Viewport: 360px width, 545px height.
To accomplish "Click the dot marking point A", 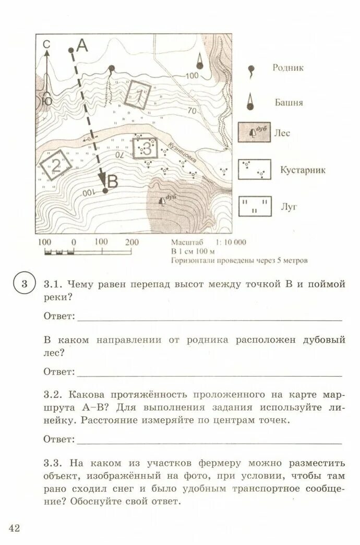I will (x=71, y=50).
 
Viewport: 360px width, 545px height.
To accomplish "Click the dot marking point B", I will (x=105, y=191).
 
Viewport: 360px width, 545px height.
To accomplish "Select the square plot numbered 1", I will (x=138, y=95).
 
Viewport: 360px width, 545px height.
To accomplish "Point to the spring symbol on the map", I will (x=111, y=68).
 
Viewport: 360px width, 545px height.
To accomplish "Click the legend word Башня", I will (x=289, y=103).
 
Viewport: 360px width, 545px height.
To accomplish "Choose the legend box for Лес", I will (x=255, y=133).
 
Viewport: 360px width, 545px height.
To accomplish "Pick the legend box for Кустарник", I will (x=255, y=169).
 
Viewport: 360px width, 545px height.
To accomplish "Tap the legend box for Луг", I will (x=255, y=206).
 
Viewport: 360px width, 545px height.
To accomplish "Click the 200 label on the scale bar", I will (x=132, y=243).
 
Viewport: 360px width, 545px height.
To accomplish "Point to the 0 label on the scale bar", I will (x=74, y=243).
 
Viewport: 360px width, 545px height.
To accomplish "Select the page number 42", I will (x=14, y=529).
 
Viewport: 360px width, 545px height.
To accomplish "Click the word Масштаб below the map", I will (x=186, y=243).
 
